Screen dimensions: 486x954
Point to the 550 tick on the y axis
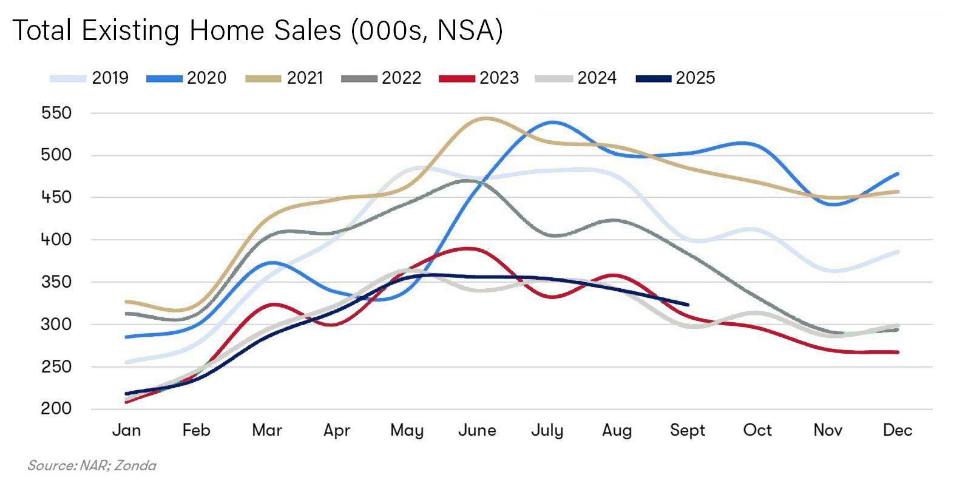click(56, 113)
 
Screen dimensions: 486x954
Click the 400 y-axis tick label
click(56, 240)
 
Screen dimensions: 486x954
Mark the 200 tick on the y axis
click(56, 409)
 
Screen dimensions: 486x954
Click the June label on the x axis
click(477, 431)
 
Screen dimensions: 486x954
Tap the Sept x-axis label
click(688, 431)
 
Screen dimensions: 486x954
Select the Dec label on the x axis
click(898, 431)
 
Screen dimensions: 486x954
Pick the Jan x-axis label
click(126, 431)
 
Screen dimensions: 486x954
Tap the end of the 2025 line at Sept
click(688, 305)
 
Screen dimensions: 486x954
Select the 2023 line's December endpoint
click(898, 352)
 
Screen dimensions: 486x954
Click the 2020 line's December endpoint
click(898, 174)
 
